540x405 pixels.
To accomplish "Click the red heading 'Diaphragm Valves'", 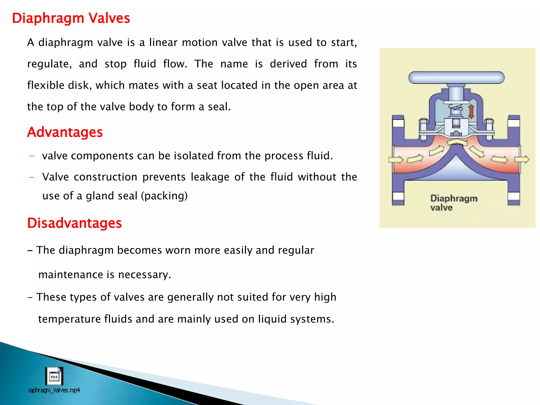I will (x=71, y=18).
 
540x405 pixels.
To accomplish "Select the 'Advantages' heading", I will (x=65, y=132).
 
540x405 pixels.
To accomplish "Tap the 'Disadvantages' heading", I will (x=74, y=223).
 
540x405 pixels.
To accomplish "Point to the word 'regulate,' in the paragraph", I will (x=49, y=64).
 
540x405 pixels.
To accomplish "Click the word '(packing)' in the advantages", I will (x=164, y=196).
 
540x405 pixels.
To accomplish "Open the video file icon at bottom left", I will (x=54, y=376).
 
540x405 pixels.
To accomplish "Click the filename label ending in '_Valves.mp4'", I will (x=54, y=390).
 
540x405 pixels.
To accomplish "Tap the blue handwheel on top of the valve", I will (x=456, y=78).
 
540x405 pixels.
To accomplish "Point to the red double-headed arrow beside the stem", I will (x=471, y=111).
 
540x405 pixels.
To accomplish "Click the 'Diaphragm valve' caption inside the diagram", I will (x=454, y=203).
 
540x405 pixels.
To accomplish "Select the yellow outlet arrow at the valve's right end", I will (x=522, y=159).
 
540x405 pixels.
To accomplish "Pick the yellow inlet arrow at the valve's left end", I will (x=396, y=160).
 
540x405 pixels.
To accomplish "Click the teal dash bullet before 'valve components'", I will (x=32, y=156).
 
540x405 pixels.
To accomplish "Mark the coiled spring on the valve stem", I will (x=456, y=108).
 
